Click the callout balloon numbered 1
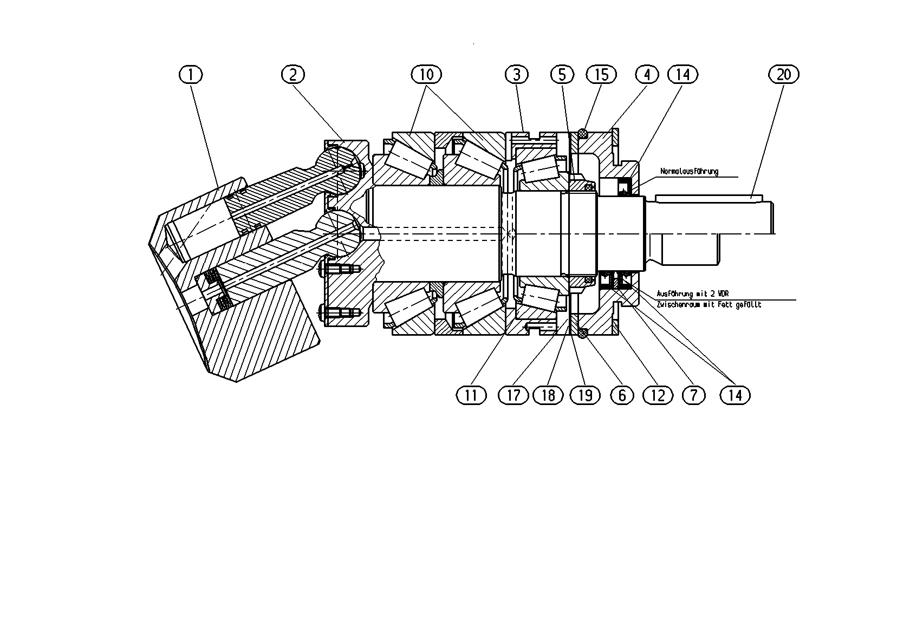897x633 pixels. [191, 75]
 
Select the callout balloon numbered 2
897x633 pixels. [292, 75]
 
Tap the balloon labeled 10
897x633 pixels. [426, 75]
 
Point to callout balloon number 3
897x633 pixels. [517, 75]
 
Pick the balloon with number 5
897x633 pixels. [562, 75]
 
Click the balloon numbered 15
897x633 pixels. [601, 75]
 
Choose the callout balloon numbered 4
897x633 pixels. [647, 75]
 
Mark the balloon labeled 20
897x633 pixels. [784, 75]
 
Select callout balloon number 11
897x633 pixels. [471, 396]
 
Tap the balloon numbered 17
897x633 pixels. [513, 396]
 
